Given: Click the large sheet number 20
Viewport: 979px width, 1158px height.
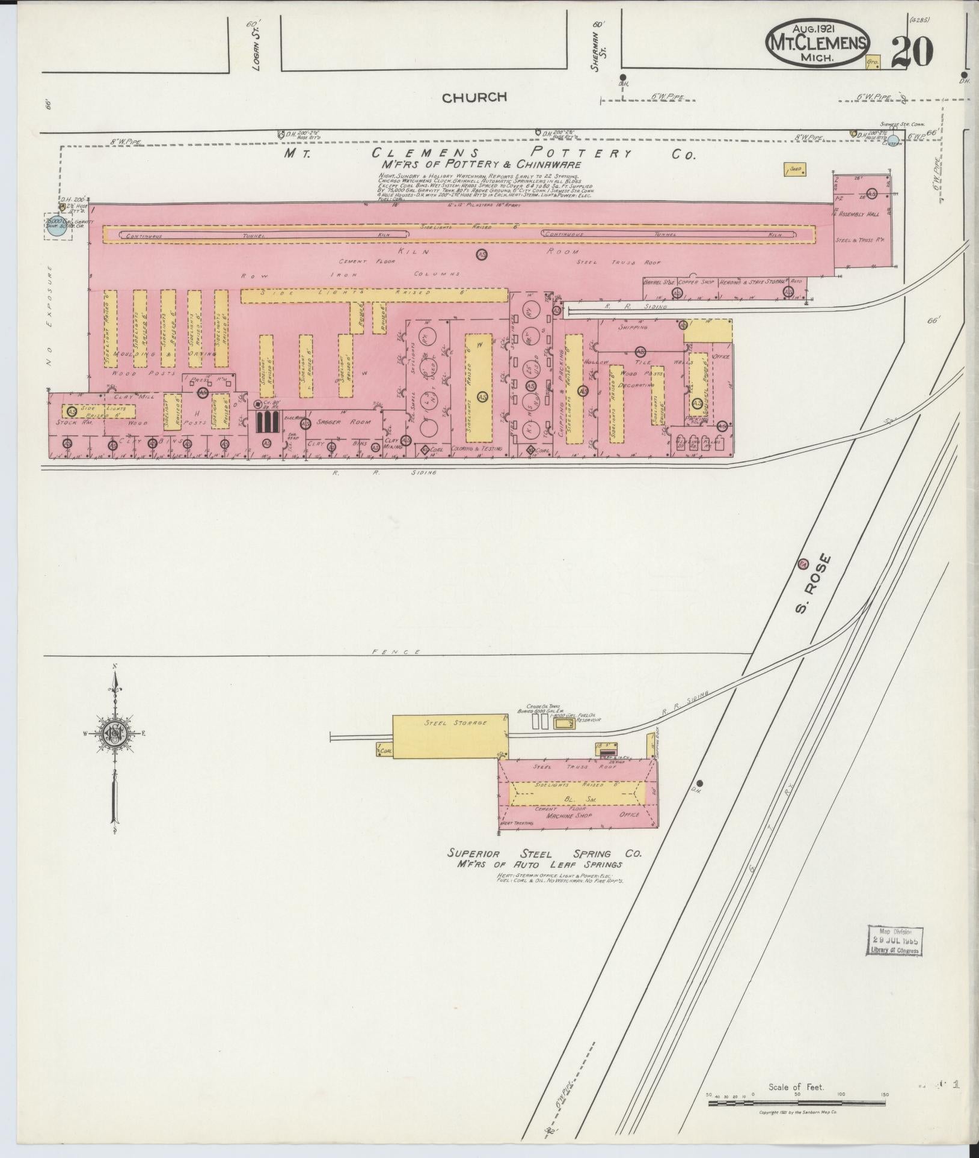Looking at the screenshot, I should pyautogui.click(x=912, y=52).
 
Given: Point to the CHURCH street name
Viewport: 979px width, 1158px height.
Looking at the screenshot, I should pyautogui.click(x=474, y=97).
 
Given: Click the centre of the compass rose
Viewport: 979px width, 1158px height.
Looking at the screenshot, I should pyautogui.click(x=113, y=733).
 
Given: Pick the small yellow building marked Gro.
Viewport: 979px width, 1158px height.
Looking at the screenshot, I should pyautogui.click(x=873, y=62).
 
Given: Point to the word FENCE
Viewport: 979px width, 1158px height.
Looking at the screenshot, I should pyautogui.click(x=387, y=651).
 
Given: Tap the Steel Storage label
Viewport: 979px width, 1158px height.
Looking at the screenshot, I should pyautogui.click(x=447, y=723).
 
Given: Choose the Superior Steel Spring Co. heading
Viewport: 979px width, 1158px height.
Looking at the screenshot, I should pyautogui.click(x=545, y=854).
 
